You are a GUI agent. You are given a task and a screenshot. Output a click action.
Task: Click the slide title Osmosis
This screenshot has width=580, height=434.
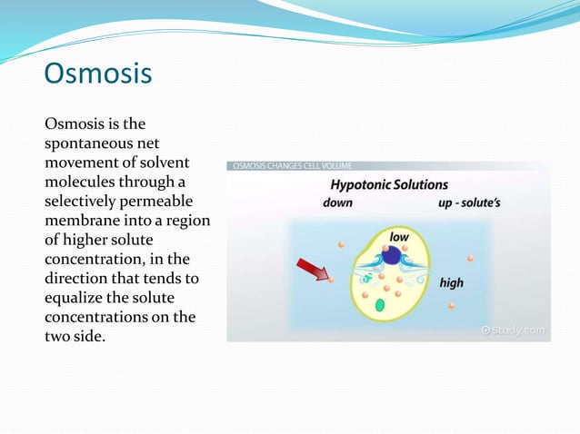tap(98, 74)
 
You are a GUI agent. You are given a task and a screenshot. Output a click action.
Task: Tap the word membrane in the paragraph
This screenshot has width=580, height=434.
tap(81, 220)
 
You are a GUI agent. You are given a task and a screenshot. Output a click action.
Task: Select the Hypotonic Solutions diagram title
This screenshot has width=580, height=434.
tap(388, 184)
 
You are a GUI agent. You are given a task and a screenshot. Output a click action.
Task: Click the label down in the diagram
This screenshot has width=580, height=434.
tap(337, 202)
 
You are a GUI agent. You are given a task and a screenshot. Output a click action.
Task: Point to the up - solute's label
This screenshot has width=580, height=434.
tap(470, 202)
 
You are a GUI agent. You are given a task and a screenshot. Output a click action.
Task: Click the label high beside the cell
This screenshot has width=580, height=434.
tap(451, 282)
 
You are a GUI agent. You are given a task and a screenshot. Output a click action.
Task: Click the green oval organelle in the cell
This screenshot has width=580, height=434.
tap(368, 306)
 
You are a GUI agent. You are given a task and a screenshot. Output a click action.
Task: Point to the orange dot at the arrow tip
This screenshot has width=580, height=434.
tap(330, 280)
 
